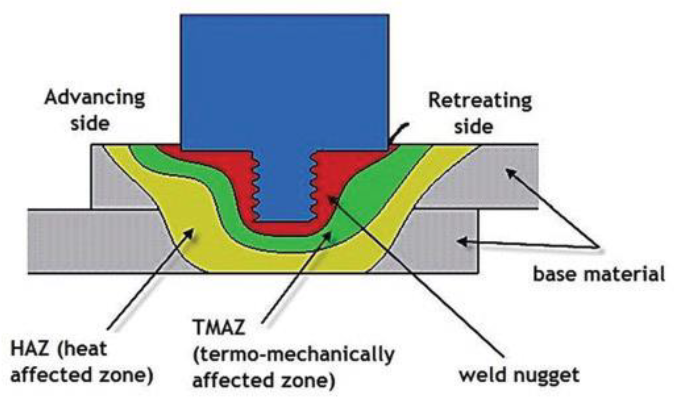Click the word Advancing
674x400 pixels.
pos(95,98)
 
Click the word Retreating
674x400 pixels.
pos(480,101)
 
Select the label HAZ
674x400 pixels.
pos(30,350)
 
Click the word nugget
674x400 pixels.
pos(546,376)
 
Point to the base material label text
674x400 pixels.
pos(599,274)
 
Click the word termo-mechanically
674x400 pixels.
pos(294,355)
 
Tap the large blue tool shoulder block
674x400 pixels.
pos(285,81)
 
